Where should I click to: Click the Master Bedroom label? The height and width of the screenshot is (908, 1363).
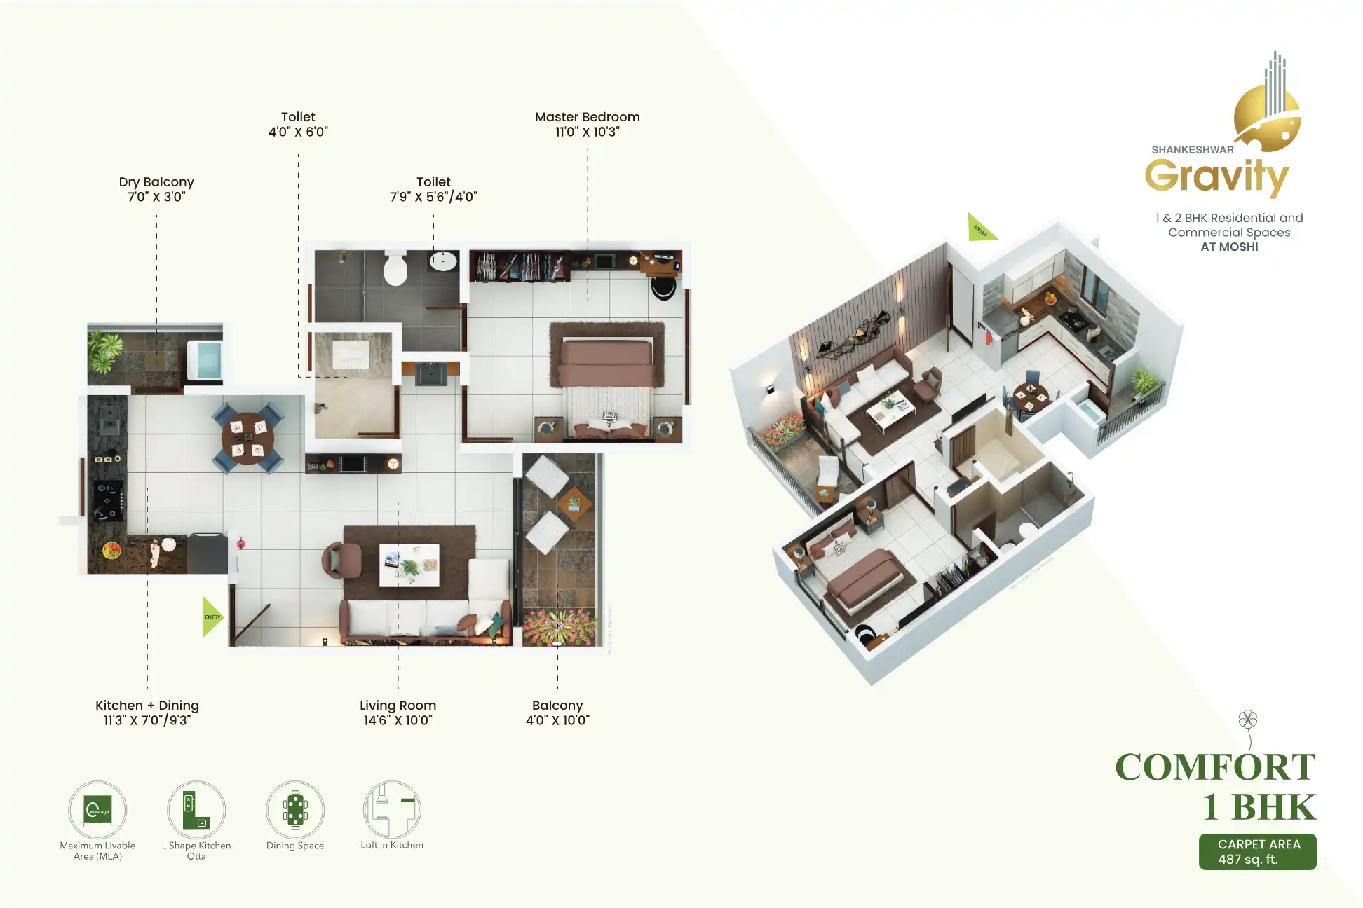point(587,117)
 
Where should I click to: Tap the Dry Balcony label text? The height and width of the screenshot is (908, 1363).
point(156,182)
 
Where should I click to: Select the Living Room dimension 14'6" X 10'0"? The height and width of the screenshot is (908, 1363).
point(398,720)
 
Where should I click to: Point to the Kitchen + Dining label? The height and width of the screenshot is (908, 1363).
point(147,706)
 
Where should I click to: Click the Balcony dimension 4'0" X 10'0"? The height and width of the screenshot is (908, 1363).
point(557,720)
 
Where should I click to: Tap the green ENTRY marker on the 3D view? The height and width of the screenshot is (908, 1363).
point(979,228)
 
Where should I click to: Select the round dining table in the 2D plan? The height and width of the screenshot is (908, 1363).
point(247,439)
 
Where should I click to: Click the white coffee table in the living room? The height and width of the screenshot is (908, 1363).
point(409,565)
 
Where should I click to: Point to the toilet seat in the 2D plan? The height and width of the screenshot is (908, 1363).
point(396,268)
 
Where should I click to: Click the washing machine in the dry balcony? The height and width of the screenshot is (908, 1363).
point(204,361)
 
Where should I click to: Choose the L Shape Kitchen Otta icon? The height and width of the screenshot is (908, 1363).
point(196,810)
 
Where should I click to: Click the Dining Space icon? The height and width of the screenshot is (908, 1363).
point(295,810)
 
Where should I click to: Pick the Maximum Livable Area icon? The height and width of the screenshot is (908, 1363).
point(97,810)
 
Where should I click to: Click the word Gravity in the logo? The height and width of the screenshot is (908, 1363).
point(1216,177)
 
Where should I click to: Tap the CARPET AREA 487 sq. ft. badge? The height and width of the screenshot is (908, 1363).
point(1257,852)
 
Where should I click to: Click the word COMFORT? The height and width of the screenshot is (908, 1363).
point(1215,767)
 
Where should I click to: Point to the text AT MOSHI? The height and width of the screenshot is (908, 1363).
point(1229,247)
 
